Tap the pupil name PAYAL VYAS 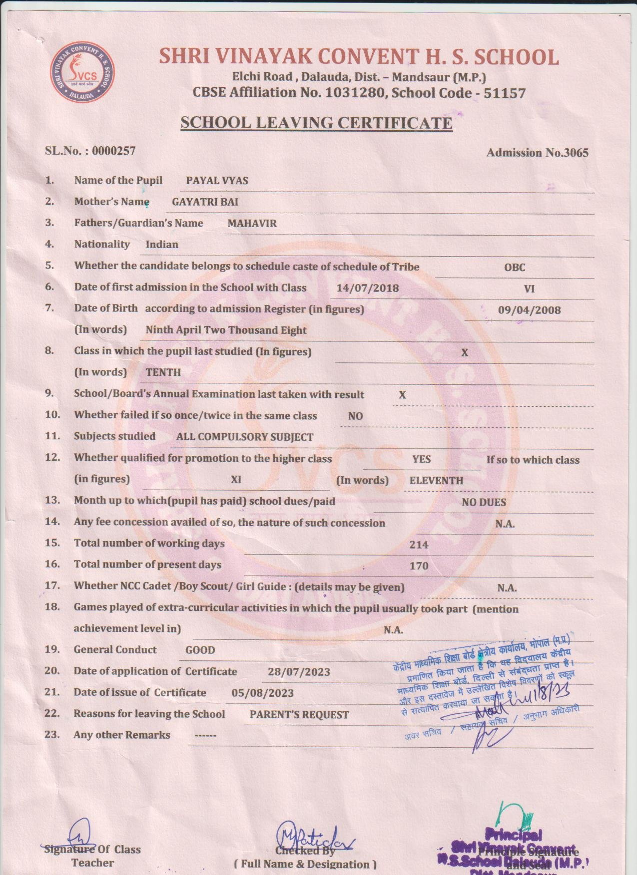(217, 181)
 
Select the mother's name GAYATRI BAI (205, 202)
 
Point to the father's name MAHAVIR (252, 224)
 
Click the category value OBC (514, 268)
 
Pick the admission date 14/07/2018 (368, 288)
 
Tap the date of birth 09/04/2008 (529, 310)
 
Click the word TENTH (163, 372)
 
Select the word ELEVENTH (436, 481)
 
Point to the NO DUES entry (484, 502)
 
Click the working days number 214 (419, 545)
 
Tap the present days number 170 (419, 566)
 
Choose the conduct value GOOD (200, 650)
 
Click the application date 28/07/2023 (299, 672)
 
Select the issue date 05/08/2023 (263, 693)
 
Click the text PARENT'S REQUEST (299, 715)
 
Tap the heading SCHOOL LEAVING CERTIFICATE (316, 123)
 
